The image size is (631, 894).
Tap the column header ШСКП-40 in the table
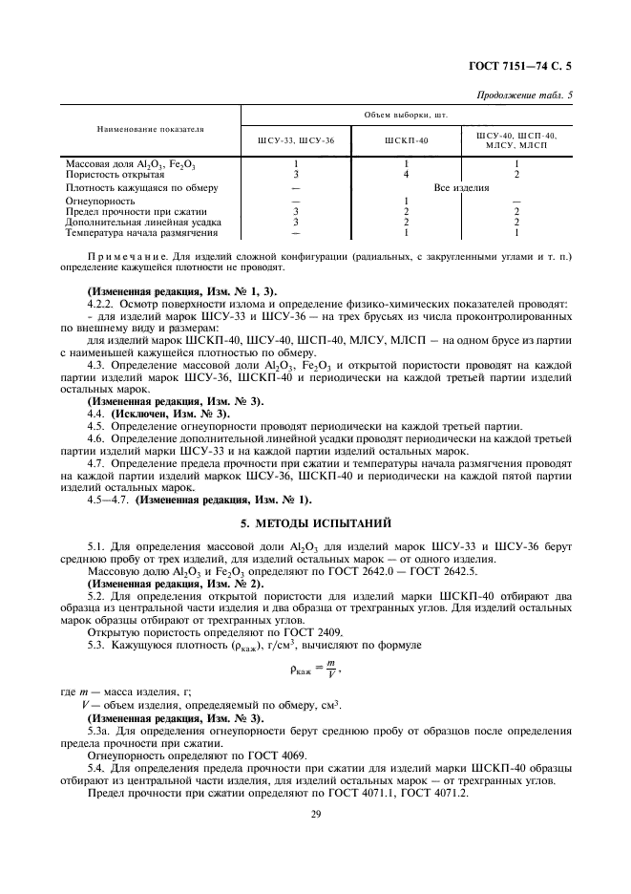click(407, 141)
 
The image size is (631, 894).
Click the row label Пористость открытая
click(115, 175)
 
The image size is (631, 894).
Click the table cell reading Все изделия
click(461, 188)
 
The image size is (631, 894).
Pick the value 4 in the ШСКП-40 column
click(406, 175)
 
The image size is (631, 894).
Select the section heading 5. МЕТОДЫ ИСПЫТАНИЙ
click(315, 522)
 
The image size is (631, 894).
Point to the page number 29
click(314, 812)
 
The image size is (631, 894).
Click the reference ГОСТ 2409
click(221, 633)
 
